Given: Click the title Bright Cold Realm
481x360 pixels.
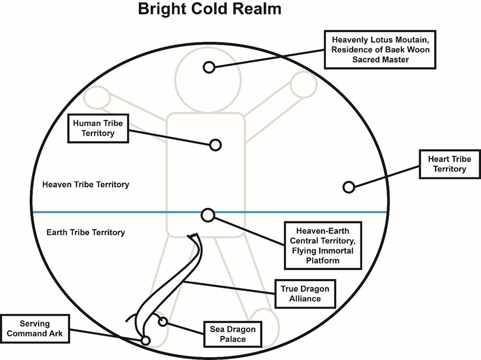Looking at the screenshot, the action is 209,9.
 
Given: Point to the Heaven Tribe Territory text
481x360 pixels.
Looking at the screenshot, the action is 85,184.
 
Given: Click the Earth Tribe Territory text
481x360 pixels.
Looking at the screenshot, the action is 85,232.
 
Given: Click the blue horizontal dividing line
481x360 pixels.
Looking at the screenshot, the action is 209,212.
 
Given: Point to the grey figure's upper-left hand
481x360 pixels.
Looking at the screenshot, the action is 97,98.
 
